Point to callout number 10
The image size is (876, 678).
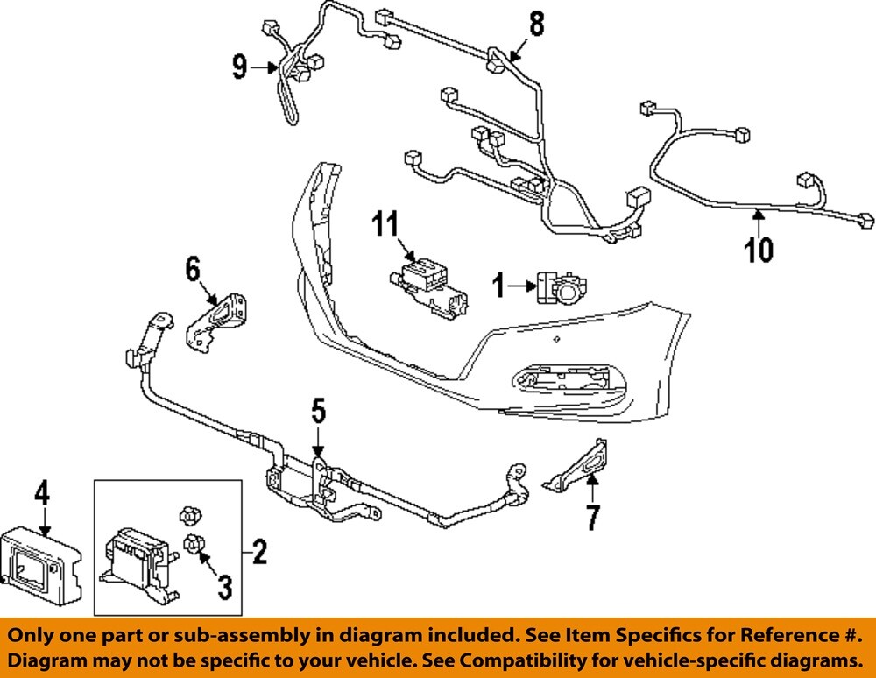[759, 249]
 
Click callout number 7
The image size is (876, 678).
[593, 517]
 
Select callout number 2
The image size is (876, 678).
[258, 553]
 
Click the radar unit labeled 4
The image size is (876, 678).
[39, 561]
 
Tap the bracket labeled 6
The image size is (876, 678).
[218, 319]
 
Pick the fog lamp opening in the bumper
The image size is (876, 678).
[561, 380]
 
